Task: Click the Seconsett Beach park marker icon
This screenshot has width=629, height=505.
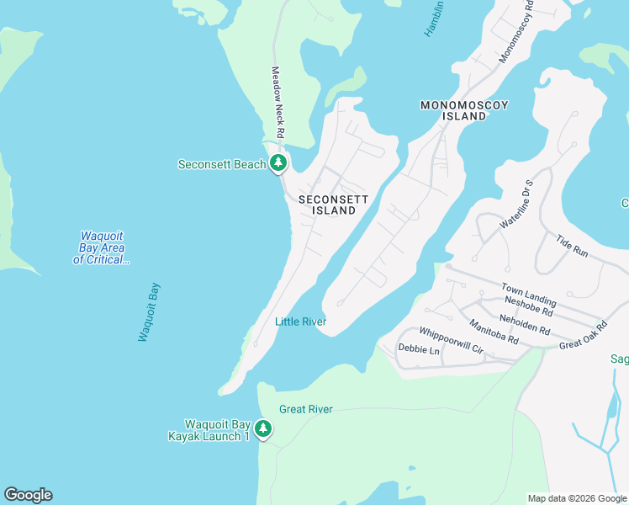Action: (x=279, y=164)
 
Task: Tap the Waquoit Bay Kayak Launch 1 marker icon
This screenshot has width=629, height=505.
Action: (x=263, y=429)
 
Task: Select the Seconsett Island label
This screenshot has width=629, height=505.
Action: (x=334, y=205)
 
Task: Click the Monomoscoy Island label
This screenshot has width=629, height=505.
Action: (x=465, y=110)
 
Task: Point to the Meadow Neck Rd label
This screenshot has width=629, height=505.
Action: (x=277, y=103)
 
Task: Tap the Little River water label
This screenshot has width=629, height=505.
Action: (x=300, y=322)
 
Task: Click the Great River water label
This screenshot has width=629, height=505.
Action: (x=306, y=409)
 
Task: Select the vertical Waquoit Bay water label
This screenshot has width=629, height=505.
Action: (x=149, y=312)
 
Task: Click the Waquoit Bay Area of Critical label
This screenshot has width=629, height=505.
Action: (x=102, y=248)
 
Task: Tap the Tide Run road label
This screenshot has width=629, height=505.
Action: (x=572, y=246)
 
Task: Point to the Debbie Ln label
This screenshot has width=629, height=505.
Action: (x=419, y=349)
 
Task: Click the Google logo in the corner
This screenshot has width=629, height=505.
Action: (x=28, y=495)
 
